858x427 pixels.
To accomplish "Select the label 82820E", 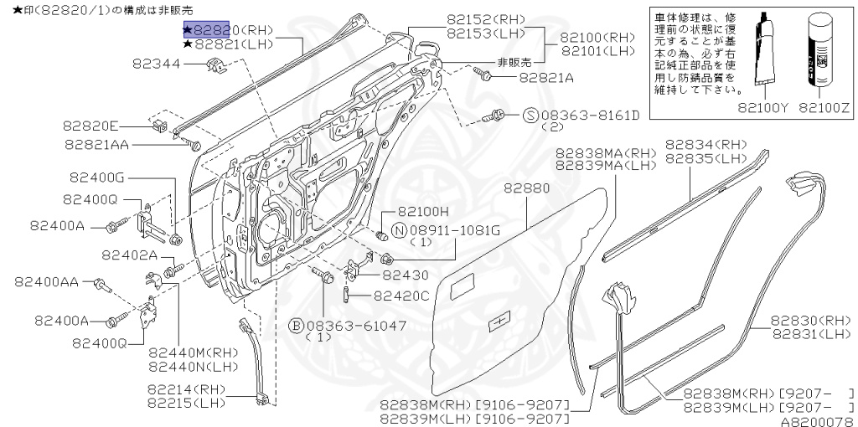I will (90, 126).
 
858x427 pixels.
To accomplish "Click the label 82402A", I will (129, 255).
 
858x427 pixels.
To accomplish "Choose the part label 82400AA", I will (45, 282).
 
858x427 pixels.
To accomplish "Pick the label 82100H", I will (423, 213).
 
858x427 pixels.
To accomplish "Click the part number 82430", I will (406, 275).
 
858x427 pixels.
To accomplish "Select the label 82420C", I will (401, 295).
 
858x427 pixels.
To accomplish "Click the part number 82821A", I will (546, 77).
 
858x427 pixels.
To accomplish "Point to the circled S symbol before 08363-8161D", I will (530, 115).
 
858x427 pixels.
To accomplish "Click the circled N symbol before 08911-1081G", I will (399, 229).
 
